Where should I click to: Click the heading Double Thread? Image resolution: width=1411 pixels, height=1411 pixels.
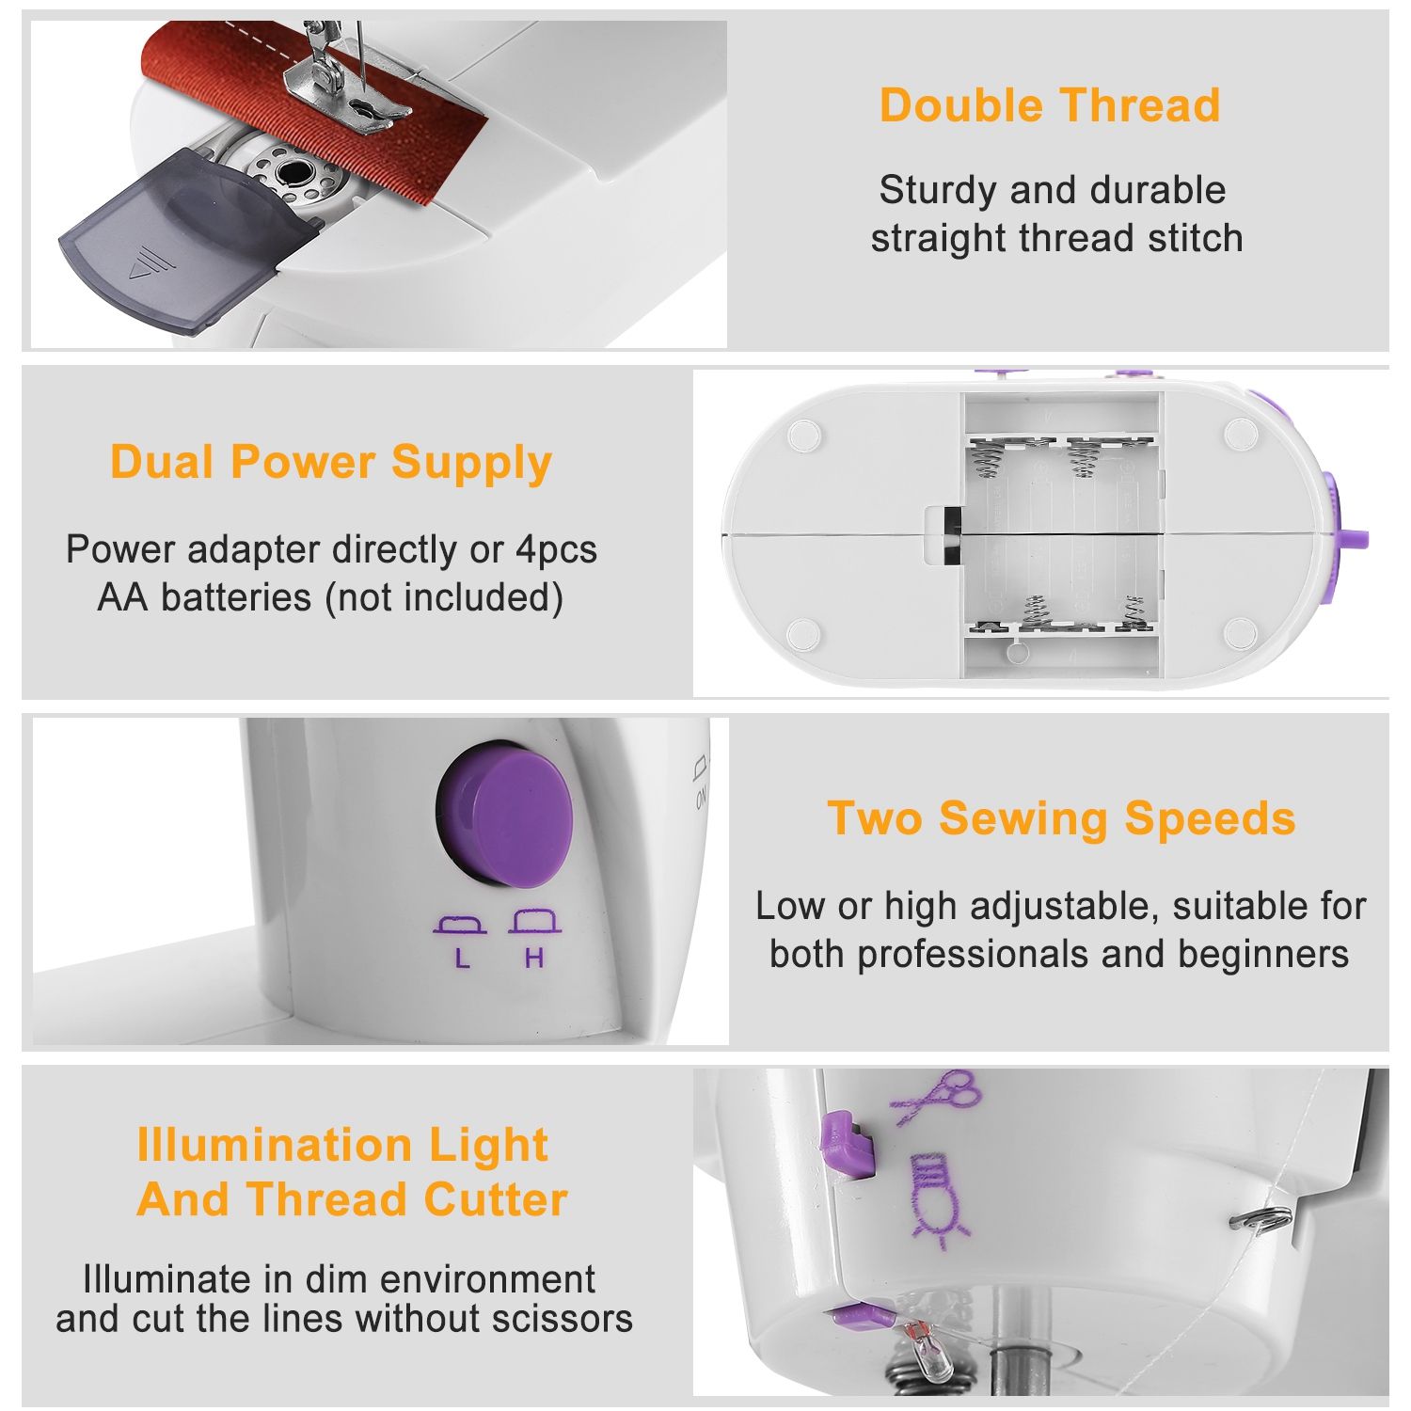coord(1049,105)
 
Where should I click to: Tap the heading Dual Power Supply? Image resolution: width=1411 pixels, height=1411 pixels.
coord(330,463)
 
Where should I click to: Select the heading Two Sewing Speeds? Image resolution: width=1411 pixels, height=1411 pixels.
coord(1061,818)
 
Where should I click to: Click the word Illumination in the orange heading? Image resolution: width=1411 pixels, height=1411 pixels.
coord(274,1145)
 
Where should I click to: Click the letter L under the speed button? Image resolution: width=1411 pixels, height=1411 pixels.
coord(461,959)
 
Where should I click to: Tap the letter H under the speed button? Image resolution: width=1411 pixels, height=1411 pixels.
coord(534,959)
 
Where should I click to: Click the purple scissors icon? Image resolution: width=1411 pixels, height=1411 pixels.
coord(937,1096)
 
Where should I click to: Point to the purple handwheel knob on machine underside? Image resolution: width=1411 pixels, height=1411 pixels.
coord(1342,528)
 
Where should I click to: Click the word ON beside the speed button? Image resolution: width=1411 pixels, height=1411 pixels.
coord(702,798)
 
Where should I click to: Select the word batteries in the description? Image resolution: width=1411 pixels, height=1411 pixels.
coord(237,597)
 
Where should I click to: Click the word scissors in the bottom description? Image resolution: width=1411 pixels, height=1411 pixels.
coord(570,1319)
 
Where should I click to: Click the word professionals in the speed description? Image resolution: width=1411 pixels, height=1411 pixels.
coord(973,954)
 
